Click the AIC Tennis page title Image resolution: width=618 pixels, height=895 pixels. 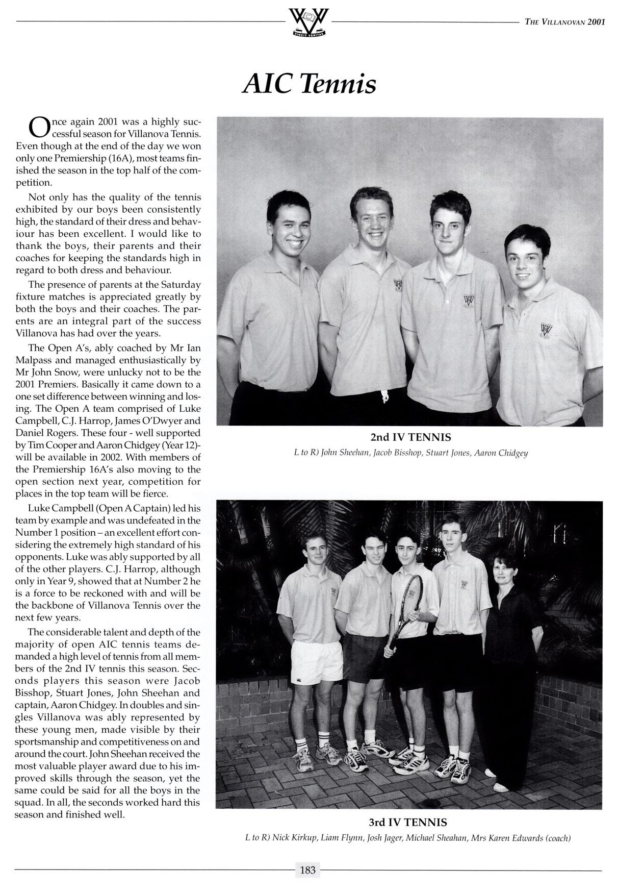tap(309, 84)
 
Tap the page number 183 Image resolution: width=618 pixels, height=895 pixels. tap(308, 870)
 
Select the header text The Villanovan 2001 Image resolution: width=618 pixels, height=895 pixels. tap(564, 22)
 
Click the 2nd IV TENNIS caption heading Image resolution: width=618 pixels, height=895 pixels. tap(410, 437)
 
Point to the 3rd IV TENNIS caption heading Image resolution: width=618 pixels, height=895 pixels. tap(408, 823)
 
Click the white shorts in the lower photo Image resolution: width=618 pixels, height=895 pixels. tap(316, 661)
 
